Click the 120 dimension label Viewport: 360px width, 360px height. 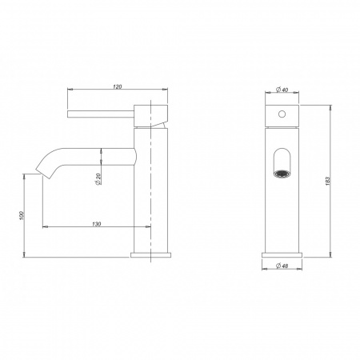pos(118,86)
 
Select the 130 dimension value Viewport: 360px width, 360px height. pos(97,224)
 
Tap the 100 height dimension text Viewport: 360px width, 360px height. pos(22,216)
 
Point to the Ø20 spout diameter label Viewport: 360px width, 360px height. pos(98,178)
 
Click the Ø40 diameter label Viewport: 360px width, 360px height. pos(282,90)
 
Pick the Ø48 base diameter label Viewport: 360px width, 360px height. pos(282,266)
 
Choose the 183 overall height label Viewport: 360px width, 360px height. pos(328,181)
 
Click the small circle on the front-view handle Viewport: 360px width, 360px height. pos(282,114)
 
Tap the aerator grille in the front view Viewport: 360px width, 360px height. pos(282,174)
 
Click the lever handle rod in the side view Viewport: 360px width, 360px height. pos(101,114)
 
